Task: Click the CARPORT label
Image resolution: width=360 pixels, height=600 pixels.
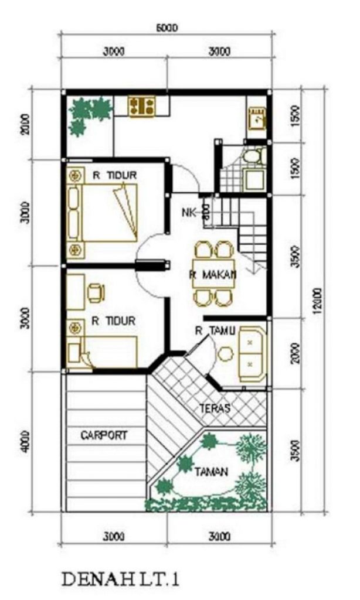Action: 104,435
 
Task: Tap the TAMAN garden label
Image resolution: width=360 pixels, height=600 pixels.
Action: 212,470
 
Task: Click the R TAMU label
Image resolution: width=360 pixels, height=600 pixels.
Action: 215,331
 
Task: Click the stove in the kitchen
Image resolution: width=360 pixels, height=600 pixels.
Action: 142,106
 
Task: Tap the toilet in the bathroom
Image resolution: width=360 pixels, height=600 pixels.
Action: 251,156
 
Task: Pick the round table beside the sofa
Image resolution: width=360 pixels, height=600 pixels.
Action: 225,354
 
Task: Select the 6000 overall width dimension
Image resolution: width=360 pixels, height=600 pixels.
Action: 167,28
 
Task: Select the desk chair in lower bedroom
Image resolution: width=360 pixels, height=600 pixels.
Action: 96,292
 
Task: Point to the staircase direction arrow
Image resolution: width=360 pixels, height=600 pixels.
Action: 253,267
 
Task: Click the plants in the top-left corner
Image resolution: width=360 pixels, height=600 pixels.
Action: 87,114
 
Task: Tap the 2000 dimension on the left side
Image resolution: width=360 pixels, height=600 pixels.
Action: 24,125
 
